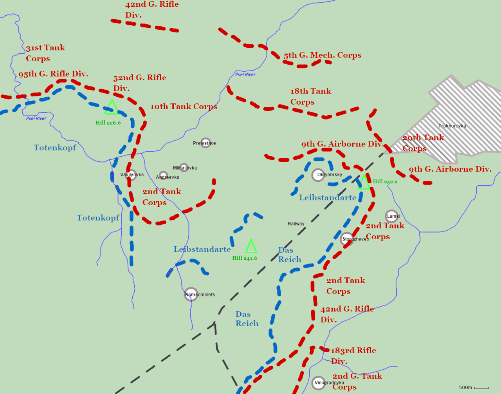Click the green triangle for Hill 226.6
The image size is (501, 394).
click(x=112, y=108)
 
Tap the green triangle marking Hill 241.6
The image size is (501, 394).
click(x=251, y=247)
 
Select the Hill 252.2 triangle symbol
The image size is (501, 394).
click(x=364, y=183)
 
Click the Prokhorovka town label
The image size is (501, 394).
click(x=452, y=126)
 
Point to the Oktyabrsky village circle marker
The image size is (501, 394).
click(x=318, y=175)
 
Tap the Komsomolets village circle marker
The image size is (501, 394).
click(x=191, y=294)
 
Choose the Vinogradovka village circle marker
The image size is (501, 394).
click(x=318, y=383)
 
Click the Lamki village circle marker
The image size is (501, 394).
click(x=391, y=216)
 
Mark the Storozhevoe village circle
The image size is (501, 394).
click(x=346, y=239)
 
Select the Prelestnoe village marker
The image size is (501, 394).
click(x=205, y=143)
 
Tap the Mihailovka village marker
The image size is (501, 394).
click(x=184, y=168)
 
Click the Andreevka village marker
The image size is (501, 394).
click(x=163, y=176)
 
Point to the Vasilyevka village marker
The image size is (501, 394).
click(x=131, y=175)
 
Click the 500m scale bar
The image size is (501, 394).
click(x=481, y=388)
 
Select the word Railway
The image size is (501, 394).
click(x=296, y=224)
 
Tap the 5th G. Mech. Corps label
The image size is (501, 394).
click(x=323, y=55)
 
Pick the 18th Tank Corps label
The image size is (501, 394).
click(x=310, y=96)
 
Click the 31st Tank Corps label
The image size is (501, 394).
click(x=45, y=53)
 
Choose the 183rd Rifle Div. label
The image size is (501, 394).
click(x=353, y=356)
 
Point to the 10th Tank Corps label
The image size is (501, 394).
click(x=184, y=107)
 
